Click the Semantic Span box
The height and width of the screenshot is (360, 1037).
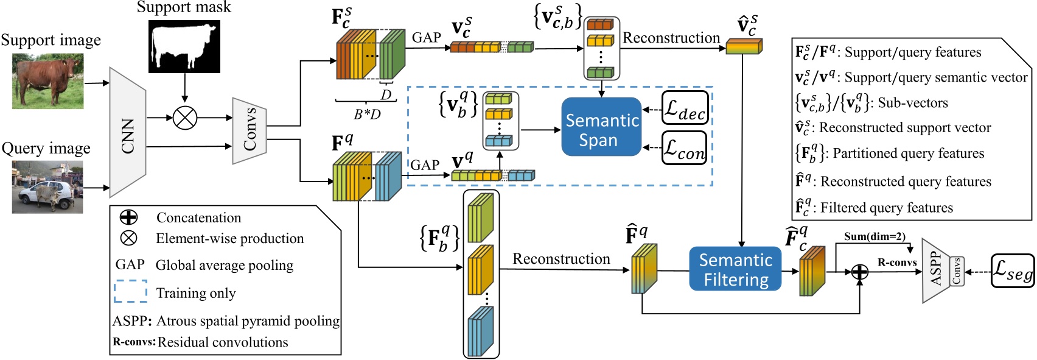(601, 127)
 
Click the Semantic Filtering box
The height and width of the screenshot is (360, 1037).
(735, 269)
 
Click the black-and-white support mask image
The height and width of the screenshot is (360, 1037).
(184, 47)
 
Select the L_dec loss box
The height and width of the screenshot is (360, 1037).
(685, 108)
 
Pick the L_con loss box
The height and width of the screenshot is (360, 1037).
(685, 148)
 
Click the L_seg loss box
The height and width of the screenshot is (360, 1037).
(1013, 271)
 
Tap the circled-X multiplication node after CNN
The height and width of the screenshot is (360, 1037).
(185, 118)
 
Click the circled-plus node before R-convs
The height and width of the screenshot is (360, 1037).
(859, 271)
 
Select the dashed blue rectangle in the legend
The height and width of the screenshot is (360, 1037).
(130, 292)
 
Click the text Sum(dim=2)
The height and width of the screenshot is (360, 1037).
(875, 236)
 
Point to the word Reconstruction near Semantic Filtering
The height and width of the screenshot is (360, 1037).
(561, 259)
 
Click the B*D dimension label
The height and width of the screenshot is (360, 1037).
(367, 114)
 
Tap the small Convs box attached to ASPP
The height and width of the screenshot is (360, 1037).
(957, 271)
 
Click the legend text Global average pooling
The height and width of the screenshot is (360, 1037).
(225, 266)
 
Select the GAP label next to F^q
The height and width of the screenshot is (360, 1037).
(425, 165)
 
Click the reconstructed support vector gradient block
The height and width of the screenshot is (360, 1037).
(744, 46)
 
